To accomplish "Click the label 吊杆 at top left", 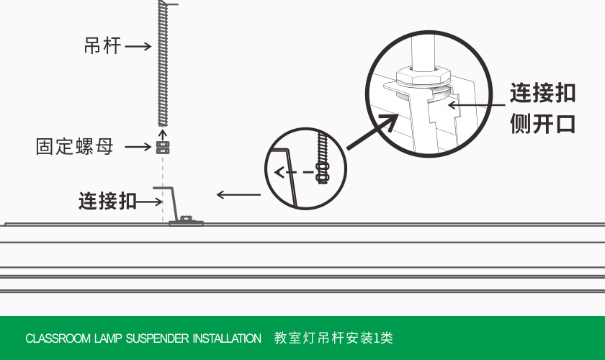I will click(102, 47).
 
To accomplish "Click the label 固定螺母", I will click(75, 147).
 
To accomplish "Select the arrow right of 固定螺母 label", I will click(138, 147).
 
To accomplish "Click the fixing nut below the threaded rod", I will click(163, 147).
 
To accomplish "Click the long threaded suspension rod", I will click(163, 65).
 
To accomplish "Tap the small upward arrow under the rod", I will click(163, 132).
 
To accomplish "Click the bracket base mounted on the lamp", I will click(186, 222).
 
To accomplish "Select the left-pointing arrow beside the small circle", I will click(239, 194).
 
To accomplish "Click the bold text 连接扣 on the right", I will click(542, 93).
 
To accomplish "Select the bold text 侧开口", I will click(542, 123).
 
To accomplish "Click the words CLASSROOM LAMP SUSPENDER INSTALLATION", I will click(143, 338).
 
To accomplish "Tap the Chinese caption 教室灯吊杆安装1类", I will click(333, 338).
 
